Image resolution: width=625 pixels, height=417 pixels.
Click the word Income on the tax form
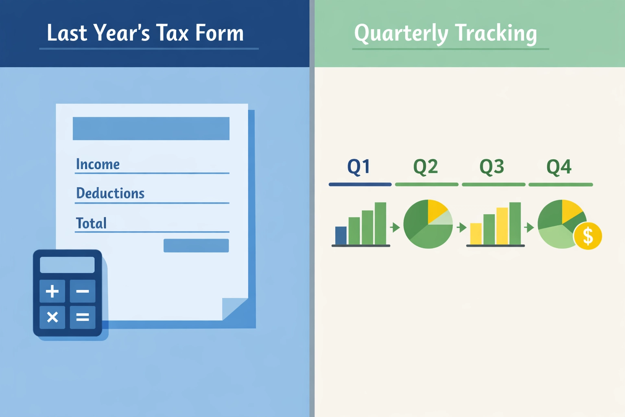(x=98, y=164)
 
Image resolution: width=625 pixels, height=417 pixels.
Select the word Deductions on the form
(x=110, y=193)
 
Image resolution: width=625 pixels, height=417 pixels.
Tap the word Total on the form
(x=91, y=223)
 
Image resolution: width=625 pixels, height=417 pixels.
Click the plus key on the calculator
(x=52, y=291)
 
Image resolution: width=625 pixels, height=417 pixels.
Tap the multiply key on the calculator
(x=52, y=317)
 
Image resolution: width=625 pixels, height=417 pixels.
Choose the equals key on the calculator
(x=83, y=317)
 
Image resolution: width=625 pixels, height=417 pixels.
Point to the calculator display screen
(x=67, y=265)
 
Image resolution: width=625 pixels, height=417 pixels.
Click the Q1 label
(x=358, y=167)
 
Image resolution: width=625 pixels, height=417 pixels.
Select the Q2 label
(x=426, y=167)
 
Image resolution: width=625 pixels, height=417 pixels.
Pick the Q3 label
(x=492, y=167)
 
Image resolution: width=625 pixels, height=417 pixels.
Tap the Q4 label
(x=559, y=167)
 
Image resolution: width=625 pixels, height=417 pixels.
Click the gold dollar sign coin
(x=588, y=236)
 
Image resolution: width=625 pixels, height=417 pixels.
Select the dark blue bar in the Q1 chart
(x=341, y=235)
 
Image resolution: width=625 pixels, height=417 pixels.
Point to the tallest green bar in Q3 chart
(x=515, y=223)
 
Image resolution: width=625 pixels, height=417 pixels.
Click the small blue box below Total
(x=196, y=246)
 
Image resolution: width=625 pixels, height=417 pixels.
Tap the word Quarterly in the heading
(x=401, y=33)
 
